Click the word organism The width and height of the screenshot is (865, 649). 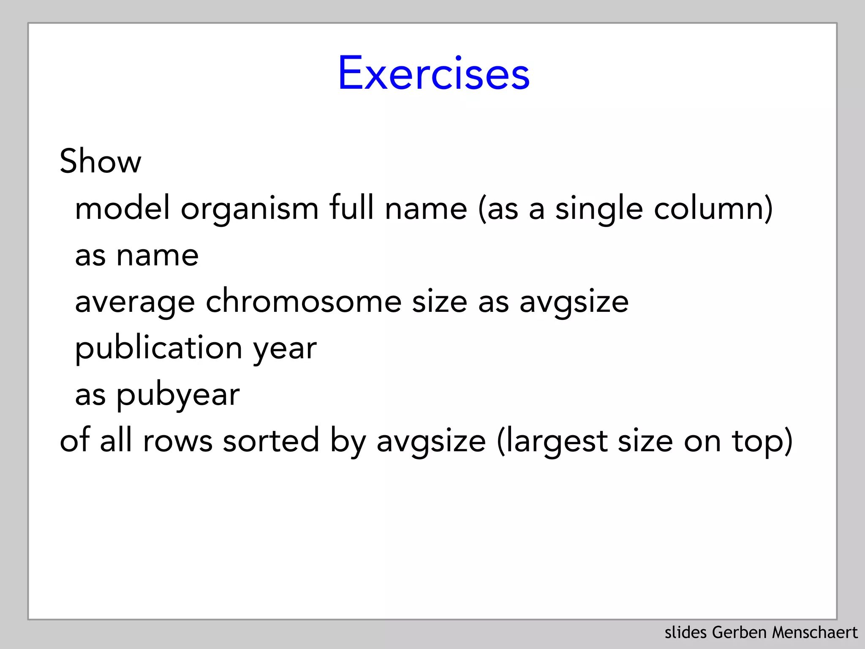click(x=250, y=209)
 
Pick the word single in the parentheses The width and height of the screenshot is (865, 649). click(x=599, y=209)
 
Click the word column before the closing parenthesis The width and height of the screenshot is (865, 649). click(x=708, y=208)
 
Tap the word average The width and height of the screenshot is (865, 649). click(x=135, y=303)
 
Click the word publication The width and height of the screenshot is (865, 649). click(x=158, y=348)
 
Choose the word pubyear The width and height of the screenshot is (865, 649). click(x=178, y=395)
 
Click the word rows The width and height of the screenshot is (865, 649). click(x=177, y=441)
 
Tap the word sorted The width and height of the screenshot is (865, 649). click(x=271, y=440)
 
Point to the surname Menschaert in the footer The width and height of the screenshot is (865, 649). click(x=815, y=633)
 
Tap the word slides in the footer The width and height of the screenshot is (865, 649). click(x=686, y=633)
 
